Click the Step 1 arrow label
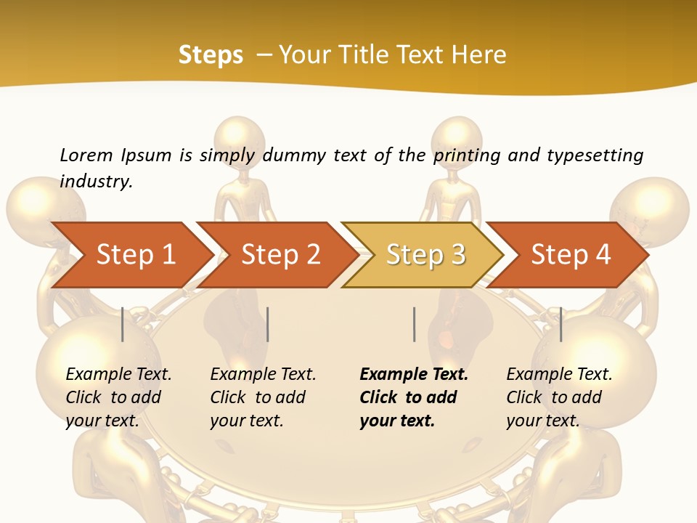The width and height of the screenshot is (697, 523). click(136, 254)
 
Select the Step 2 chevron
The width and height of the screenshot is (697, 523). click(281, 254)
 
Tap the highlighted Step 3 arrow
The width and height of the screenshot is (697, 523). click(425, 254)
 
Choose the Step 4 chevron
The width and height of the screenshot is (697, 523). click(571, 254)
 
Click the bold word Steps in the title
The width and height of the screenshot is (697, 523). click(211, 54)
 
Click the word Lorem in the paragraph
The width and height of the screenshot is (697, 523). click(86, 155)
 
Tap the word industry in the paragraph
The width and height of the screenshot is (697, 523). click(96, 181)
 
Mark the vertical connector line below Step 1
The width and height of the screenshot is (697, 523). click(123, 324)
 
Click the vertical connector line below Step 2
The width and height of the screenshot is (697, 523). click(268, 324)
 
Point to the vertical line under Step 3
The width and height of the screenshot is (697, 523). click(414, 324)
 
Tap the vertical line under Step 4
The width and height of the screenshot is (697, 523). click(561, 324)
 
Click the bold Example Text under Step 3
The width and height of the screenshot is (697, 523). click(414, 374)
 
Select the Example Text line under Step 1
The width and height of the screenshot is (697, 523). click(118, 374)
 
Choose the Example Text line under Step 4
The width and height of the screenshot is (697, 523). click(559, 374)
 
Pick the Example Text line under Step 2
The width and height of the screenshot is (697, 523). click(263, 374)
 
